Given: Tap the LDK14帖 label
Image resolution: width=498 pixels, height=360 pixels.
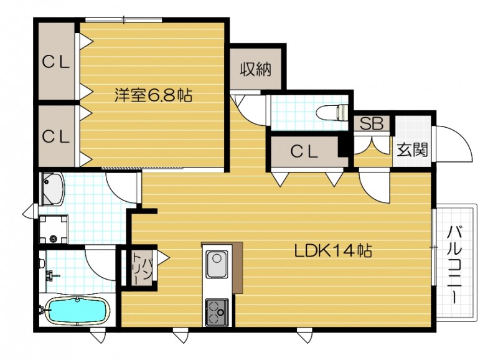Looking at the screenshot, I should [x=333, y=251].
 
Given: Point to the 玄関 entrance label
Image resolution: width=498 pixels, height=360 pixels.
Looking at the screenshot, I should [x=412, y=150].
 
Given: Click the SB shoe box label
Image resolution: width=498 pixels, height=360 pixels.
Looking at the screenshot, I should [x=372, y=123].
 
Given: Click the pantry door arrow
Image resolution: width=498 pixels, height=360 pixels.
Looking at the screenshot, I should [x=163, y=257].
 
